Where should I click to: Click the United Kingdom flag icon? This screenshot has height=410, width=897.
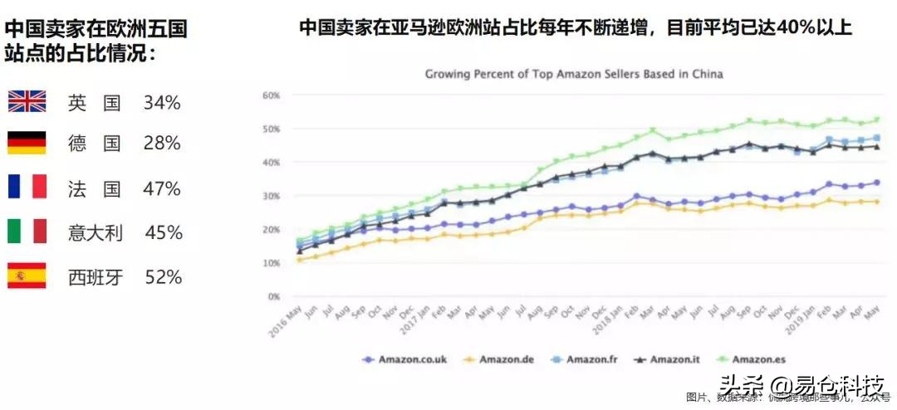tap(27, 102)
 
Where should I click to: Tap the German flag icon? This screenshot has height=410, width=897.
tap(27, 143)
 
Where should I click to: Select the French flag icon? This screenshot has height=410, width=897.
tap(27, 187)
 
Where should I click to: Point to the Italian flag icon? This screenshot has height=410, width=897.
tap(27, 232)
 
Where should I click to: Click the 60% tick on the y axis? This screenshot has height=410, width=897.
tap(271, 95)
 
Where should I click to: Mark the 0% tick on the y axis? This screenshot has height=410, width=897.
tap(273, 296)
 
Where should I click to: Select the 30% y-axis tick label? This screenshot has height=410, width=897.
tap(271, 196)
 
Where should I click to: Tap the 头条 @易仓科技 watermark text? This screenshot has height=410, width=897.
tap(802, 385)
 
